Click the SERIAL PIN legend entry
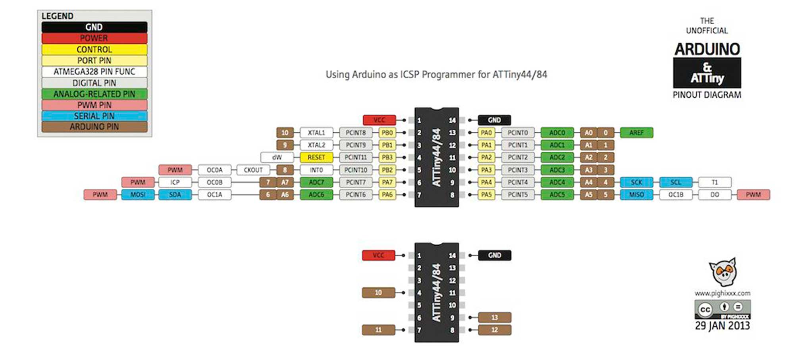[94, 116]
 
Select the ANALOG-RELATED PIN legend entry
[94, 94]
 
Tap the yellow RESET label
[316, 158]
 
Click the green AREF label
[636, 133]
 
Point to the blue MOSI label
[138, 194]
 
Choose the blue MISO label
[636, 194]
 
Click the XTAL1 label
[316, 133]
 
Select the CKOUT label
[253, 170]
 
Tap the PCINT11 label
[356, 158]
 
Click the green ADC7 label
[316, 182]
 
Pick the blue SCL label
[675, 182]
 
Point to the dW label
[277, 158]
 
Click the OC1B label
[675, 194]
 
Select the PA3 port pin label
[486, 170]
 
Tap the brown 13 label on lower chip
[494, 318]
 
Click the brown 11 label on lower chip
[378, 330]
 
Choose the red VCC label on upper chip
[379, 120]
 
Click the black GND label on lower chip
[494, 255]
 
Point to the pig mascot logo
[723, 272]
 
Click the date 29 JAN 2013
[722, 326]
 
